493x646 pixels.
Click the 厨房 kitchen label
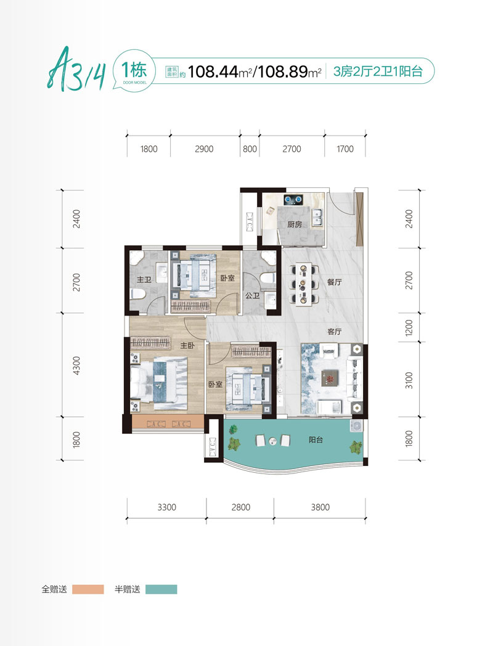click(295, 224)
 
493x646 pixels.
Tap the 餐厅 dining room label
click(335, 282)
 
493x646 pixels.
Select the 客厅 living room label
click(335, 331)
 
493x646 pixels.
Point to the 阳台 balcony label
click(316, 440)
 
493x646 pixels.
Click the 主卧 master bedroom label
click(187, 345)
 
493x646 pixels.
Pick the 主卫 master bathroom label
click(144, 280)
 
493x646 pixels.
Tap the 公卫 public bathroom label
click(253, 295)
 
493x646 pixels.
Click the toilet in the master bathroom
click(137, 294)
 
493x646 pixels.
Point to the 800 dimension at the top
click(250, 149)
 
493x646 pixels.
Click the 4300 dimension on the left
click(76, 366)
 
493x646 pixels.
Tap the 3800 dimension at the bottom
click(320, 507)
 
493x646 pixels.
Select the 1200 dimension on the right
click(409, 328)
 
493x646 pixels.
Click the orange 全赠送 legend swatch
click(88, 589)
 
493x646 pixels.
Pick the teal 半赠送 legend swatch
click(161, 589)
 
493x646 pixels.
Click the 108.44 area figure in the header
click(213, 72)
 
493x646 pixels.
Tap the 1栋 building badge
click(134, 70)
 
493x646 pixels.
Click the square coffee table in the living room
click(330, 377)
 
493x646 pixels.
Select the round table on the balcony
click(272, 441)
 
